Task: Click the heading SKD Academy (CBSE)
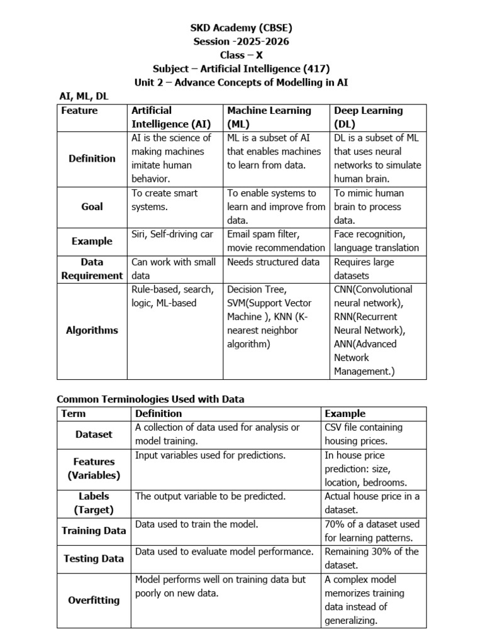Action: pos(241,28)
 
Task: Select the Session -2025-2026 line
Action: pos(241,42)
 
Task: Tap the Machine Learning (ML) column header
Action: pos(269,117)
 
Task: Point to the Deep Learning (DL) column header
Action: pos(368,117)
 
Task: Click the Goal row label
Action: pos(92,206)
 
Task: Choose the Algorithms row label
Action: pos(92,330)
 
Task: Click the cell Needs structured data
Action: pos(273,262)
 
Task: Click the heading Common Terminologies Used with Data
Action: pos(150,399)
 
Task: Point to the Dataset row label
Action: pos(94,434)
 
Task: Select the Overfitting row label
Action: pos(94,600)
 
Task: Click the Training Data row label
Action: pos(94,531)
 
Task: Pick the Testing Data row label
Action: pos(94,558)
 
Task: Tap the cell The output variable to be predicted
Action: pos(211,496)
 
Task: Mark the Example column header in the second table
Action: pos(345,413)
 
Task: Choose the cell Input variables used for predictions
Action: pos(211,455)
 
